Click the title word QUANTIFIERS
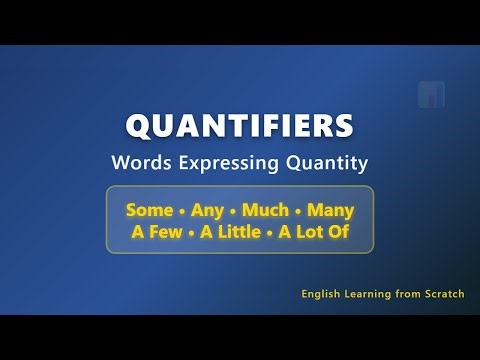[x=239, y=127]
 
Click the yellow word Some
[x=147, y=211]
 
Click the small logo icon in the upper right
[x=431, y=95]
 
